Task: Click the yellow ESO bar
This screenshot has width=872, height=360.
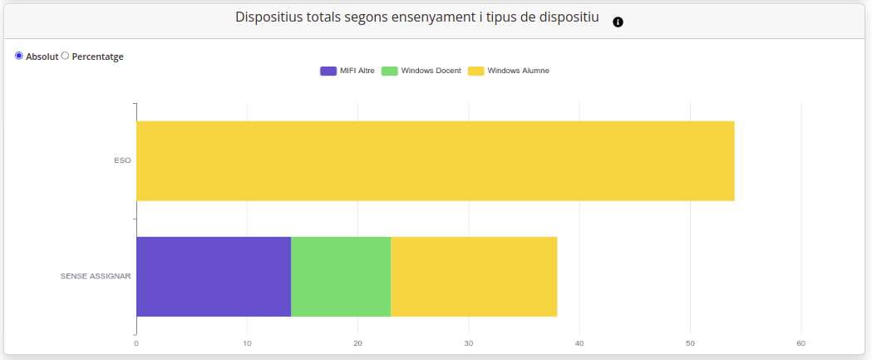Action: [x=435, y=160]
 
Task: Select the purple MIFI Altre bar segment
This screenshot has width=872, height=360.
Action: [x=214, y=276]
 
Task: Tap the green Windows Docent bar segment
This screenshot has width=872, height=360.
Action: [x=341, y=276]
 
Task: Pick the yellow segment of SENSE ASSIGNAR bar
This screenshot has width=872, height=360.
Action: [x=474, y=276]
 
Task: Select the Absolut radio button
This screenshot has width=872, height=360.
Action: [x=19, y=56]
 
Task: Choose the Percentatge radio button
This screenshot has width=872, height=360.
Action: [x=66, y=56]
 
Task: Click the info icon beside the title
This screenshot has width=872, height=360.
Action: [x=618, y=22]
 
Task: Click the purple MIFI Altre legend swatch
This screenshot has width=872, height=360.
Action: [x=328, y=71]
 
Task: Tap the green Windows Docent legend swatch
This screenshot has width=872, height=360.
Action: [x=389, y=71]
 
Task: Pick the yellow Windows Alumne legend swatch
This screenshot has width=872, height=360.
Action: [x=475, y=71]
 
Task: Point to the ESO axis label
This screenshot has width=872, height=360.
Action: [x=122, y=160]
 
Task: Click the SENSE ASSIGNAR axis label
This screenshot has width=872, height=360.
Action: [x=96, y=276]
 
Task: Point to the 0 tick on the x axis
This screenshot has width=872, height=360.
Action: [x=136, y=343]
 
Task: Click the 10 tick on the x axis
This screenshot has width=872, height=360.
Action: [x=247, y=343]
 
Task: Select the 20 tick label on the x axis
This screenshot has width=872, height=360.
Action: [x=357, y=343]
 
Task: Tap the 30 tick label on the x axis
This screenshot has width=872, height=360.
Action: [x=469, y=343]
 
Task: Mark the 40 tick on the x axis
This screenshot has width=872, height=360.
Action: [x=579, y=343]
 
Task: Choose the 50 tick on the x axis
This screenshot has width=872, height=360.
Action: [x=690, y=343]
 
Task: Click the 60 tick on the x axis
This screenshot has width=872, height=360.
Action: [x=801, y=343]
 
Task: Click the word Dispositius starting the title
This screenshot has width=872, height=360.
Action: [x=267, y=17]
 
